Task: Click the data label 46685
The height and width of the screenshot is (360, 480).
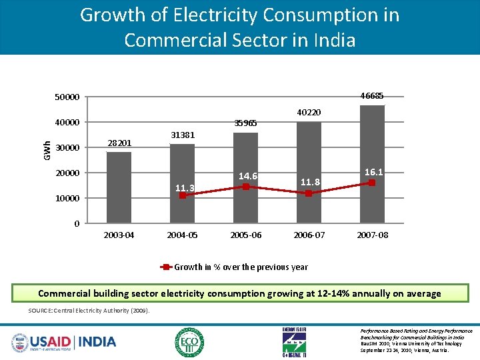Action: point(371,95)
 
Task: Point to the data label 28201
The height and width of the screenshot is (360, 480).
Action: point(120,143)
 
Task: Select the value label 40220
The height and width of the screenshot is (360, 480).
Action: point(309,113)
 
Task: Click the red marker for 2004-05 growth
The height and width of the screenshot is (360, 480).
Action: point(183,195)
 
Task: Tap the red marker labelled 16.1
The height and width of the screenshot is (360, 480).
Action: point(372,183)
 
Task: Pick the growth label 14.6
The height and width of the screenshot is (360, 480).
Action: point(247,176)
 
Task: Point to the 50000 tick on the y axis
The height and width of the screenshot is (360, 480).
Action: point(67,98)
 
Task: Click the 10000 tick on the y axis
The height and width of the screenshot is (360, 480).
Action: point(67,199)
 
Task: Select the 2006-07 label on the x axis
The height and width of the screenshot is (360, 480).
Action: point(309,235)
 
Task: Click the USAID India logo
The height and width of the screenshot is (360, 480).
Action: point(64,342)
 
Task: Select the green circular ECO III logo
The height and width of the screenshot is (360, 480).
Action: point(189,342)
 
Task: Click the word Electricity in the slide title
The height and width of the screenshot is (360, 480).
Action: point(204,15)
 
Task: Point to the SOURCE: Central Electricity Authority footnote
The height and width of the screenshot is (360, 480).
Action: point(89,311)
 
